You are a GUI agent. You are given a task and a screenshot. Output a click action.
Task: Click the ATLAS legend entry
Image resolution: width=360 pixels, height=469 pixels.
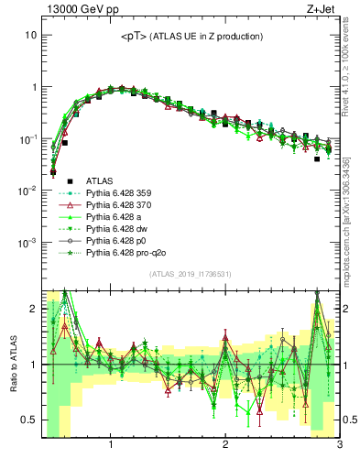pos(101,181)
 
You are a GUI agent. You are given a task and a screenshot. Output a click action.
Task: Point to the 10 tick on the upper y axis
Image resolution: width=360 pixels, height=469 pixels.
pos(29,35)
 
